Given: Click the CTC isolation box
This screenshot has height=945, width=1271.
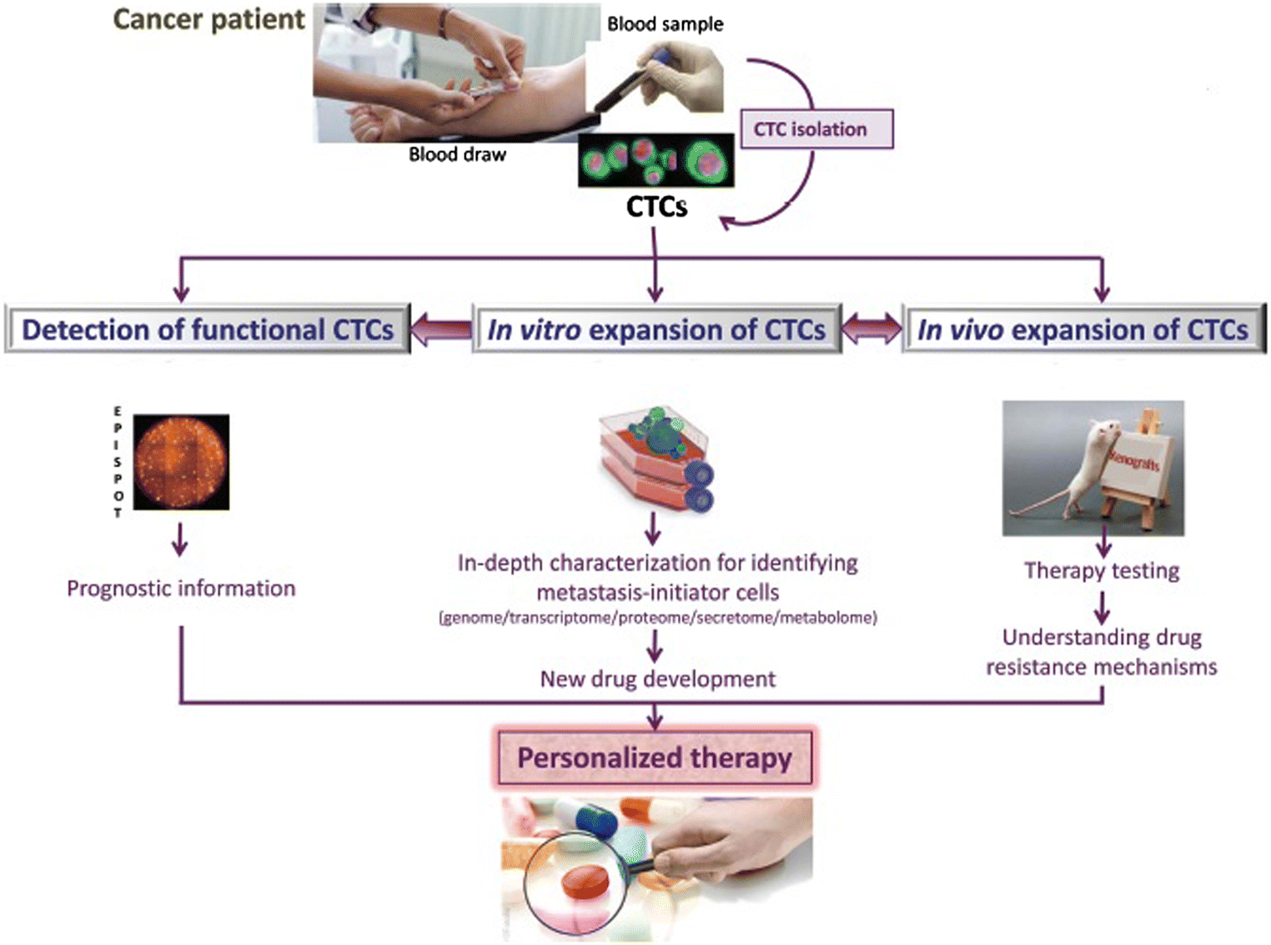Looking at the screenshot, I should point(816,129).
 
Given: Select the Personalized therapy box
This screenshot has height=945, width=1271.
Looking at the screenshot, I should point(655,757).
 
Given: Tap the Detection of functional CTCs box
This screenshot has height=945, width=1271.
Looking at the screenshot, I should point(208,329).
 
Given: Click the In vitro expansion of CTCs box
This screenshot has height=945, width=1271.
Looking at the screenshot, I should point(656,329).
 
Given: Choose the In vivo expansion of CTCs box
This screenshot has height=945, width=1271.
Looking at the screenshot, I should point(1083,329).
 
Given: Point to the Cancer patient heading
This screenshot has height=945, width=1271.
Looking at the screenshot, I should point(209,19).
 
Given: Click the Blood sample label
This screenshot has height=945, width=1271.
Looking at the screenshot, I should point(665,24).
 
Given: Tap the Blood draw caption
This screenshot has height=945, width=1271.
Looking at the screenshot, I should point(457,154).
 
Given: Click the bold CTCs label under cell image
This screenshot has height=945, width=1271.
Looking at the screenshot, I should point(656,207).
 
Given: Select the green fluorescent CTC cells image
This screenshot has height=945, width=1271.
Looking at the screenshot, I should point(656,161).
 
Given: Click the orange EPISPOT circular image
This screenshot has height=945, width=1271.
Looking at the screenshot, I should point(181,462).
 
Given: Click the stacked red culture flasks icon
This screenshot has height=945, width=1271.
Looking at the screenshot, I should point(656,459).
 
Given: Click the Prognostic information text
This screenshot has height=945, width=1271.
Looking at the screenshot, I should point(181,589).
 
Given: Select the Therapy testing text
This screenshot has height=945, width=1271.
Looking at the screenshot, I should point(1102,571).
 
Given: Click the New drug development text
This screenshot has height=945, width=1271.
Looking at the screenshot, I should point(657,679).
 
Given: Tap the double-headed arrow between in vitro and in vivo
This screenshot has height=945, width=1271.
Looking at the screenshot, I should point(872,329).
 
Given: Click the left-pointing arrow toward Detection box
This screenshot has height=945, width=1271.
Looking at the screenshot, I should point(441,329).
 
